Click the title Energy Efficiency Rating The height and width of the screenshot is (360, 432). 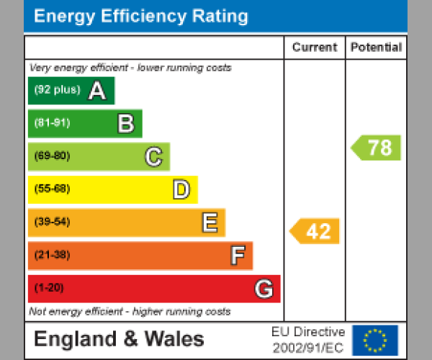pyautogui.click(x=141, y=16)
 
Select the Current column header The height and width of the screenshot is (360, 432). pyautogui.click(x=315, y=48)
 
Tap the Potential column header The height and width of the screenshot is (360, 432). pyautogui.click(x=376, y=48)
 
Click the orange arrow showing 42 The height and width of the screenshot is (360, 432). pyautogui.click(x=315, y=231)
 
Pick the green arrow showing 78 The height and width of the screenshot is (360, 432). pyautogui.click(x=377, y=148)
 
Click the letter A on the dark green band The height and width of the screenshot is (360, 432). pyautogui.click(x=96, y=91)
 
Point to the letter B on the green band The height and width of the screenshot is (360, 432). pyautogui.click(x=125, y=124)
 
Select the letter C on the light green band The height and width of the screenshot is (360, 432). pyautogui.click(x=153, y=156)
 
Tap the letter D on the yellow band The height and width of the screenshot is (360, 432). pyautogui.click(x=181, y=189)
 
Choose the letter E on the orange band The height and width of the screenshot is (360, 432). pyautogui.click(x=209, y=222)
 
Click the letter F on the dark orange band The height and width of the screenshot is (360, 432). pyautogui.click(x=237, y=256)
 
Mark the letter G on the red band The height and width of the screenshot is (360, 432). pyautogui.click(x=264, y=289)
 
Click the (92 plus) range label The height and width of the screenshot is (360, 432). pyautogui.click(x=57, y=90)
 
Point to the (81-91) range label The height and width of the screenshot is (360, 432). pyautogui.click(x=52, y=123)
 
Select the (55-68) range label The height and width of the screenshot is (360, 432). pyautogui.click(x=52, y=189)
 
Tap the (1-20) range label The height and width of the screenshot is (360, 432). pyautogui.click(x=49, y=289)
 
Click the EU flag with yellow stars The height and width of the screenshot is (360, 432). pyautogui.click(x=374, y=340)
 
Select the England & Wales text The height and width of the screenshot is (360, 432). pyautogui.click(x=119, y=339)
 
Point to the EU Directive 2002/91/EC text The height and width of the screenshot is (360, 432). pyautogui.click(x=308, y=340)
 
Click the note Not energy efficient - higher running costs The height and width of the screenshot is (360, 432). pyautogui.click(x=130, y=312)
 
